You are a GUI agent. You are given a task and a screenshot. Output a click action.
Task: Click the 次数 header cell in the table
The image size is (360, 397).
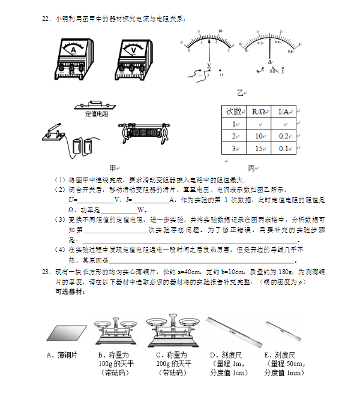click(233, 112)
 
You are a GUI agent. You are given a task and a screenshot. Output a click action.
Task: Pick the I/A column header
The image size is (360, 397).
click(284, 112)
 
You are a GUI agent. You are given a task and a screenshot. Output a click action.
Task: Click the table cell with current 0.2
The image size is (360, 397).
click(284, 136)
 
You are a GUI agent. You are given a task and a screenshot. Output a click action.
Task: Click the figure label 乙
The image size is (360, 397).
click(241, 93)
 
